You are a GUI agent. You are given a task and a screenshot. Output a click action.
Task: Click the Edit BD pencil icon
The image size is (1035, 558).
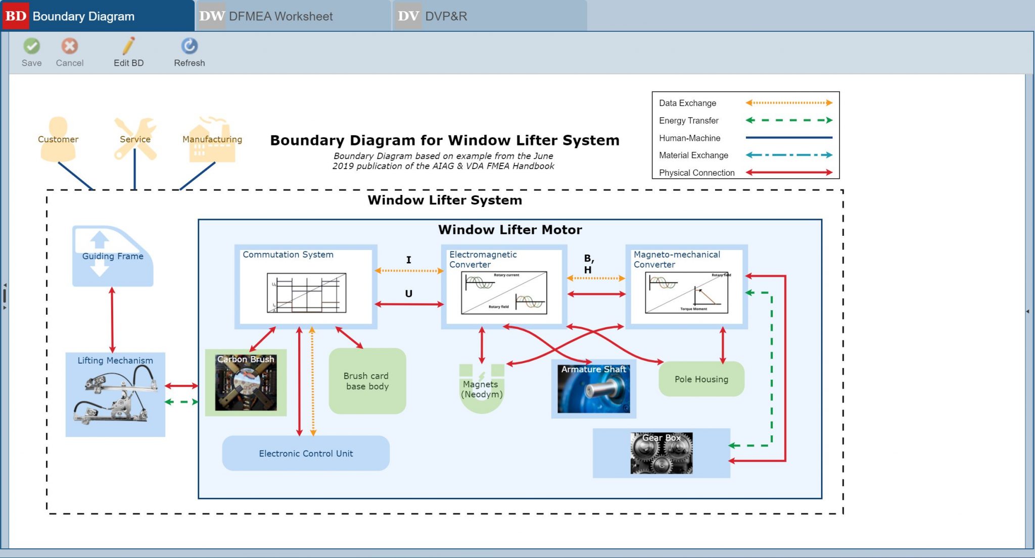pyautogui.click(x=128, y=46)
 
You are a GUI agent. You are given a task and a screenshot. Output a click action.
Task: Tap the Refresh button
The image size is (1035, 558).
pyautogui.click(x=189, y=46)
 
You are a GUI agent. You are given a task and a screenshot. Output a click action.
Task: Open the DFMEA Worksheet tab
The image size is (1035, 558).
pyautogui.click(x=280, y=16)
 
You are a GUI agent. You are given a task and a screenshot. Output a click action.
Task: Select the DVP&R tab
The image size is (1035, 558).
pyautogui.click(x=445, y=16)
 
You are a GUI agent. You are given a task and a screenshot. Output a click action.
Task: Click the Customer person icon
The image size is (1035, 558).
pyautogui.click(x=58, y=139)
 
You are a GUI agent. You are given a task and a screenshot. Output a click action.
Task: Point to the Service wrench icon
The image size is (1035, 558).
pyautogui.click(x=135, y=139)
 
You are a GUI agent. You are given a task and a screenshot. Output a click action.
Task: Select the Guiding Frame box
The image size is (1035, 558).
pyautogui.click(x=112, y=257)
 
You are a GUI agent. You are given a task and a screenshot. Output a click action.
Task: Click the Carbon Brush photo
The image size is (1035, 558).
pyautogui.click(x=246, y=383)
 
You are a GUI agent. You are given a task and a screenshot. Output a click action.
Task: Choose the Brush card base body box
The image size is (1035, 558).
pyautogui.click(x=367, y=381)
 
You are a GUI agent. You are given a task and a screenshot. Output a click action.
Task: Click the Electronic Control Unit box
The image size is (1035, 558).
pyautogui.click(x=306, y=453)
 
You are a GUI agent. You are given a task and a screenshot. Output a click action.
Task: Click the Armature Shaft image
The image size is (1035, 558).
pyautogui.click(x=593, y=389)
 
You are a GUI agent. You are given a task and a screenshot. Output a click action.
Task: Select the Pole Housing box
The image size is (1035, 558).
pyautogui.click(x=701, y=379)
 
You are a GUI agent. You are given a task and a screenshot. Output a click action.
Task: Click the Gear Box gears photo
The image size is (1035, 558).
pyautogui.click(x=661, y=453)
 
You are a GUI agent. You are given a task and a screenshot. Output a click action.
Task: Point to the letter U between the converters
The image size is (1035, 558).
pyautogui.click(x=408, y=293)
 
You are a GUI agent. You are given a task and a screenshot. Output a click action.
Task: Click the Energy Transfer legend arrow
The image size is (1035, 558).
pyautogui.click(x=789, y=120)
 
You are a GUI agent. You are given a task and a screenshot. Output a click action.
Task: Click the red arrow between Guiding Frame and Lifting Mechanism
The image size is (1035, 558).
pyautogui.click(x=112, y=319)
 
